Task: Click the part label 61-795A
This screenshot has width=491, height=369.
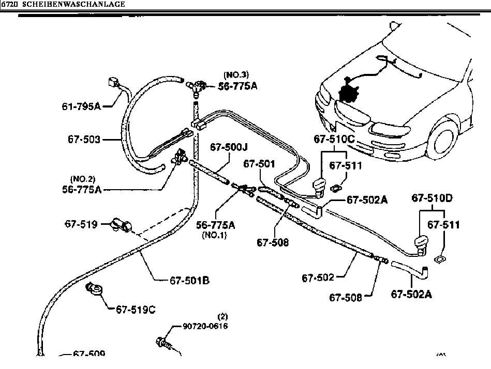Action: [81, 106]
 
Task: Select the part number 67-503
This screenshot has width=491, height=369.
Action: [83, 140]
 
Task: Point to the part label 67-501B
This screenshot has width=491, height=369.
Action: [189, 281]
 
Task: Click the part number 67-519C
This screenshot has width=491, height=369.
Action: [136, 310]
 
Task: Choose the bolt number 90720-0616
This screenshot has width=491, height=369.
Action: [205, 326]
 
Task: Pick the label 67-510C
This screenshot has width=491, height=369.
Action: [334, 139]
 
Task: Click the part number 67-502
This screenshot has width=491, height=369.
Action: [318, 279]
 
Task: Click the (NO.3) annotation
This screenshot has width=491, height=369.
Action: [236, 74]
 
